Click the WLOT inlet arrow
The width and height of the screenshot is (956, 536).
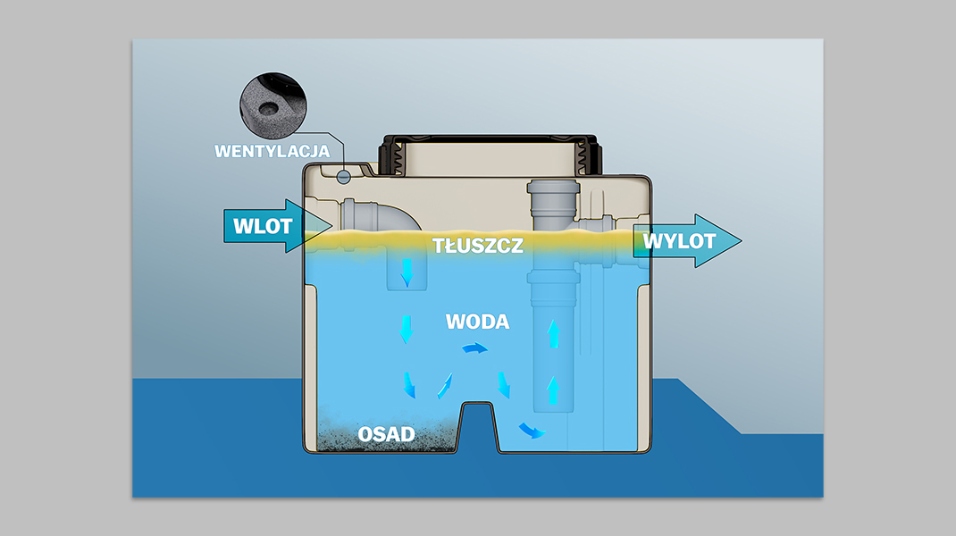pos(277,226)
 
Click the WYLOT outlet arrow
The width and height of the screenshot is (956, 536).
pos(687,241)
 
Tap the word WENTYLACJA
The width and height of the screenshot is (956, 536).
pos(272,151)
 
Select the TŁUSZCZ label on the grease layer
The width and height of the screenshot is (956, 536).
pos(478,246)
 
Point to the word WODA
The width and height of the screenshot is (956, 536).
pos(477,322)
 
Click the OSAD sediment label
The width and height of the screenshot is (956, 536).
pos(386,434)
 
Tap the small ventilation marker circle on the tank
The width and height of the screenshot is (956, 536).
pos(344,178)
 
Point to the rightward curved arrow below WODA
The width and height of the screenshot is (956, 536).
pos(475,348)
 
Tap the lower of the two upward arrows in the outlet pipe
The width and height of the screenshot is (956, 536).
pos(553,390)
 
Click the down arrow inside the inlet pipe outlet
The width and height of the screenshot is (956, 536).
pos(407,272)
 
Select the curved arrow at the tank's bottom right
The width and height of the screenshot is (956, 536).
pos(531,431)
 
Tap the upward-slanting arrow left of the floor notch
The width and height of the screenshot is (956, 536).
pos(445,386)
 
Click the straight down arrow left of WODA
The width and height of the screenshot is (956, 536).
pos(406,330)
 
